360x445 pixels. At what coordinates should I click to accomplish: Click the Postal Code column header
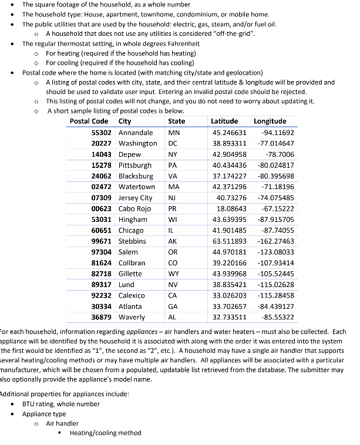(89, 122)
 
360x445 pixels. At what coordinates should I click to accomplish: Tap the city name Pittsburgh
(134, 166)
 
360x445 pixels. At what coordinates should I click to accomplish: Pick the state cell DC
(173, 143)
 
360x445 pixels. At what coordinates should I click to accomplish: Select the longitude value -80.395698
(276, 176)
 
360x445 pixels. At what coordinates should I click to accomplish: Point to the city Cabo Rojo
(134, 208)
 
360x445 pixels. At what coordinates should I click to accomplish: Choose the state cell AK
(173, 241)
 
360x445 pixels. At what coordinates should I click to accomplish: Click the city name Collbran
(132, 263)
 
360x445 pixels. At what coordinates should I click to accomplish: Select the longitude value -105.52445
(276, 274)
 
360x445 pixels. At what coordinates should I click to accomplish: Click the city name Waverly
(132, 317)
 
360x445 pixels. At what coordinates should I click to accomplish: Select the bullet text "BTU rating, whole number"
(61, 404)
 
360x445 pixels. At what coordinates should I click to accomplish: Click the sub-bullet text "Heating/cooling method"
(105, 433)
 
